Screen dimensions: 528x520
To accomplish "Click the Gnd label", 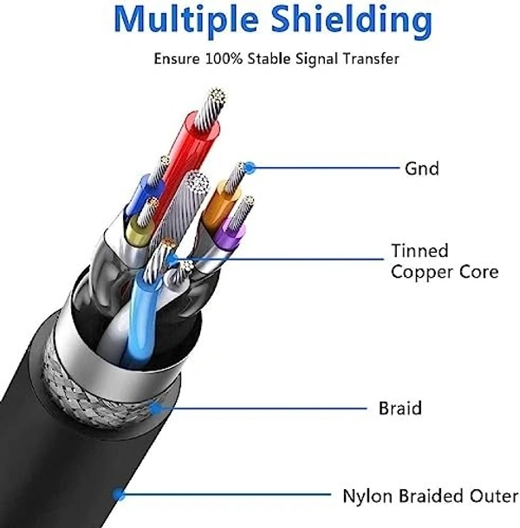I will point(421,168).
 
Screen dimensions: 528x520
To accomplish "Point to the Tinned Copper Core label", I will point(444,261).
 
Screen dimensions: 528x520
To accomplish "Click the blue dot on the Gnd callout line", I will point(250,167).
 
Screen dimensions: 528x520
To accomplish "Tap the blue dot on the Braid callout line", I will point(154,407).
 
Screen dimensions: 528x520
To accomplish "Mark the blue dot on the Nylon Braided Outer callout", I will point(119,496).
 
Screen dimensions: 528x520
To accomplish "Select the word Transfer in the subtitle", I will point(373,60).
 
